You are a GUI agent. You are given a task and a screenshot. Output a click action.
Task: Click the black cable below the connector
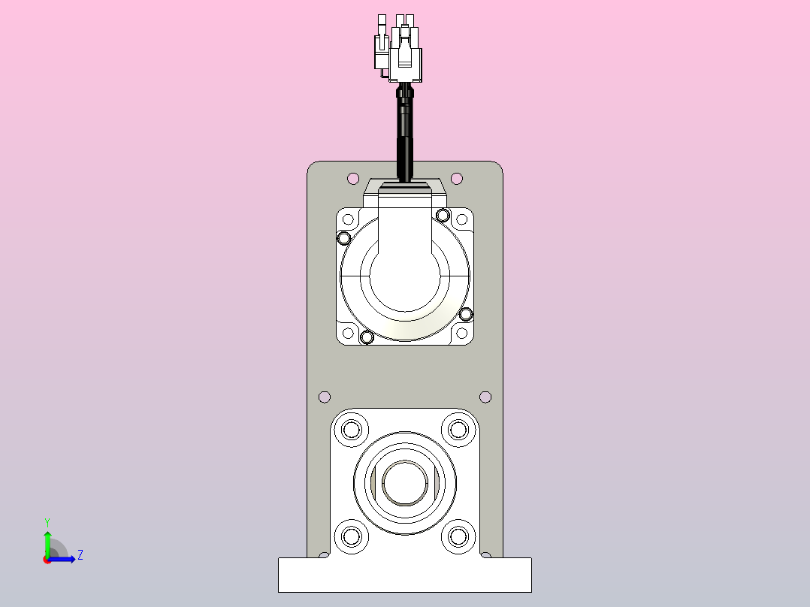tap(405, 135)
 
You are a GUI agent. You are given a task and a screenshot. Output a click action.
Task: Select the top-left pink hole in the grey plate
tap(353, 178)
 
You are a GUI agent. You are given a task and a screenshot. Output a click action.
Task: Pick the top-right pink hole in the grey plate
tap(457, 178)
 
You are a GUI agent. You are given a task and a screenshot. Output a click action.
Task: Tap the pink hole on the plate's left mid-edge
tap(325, 397)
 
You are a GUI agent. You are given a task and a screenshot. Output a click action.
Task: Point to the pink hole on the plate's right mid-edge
tap(485, 397)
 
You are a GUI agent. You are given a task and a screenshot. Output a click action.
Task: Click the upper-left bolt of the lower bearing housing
tap(351, 430)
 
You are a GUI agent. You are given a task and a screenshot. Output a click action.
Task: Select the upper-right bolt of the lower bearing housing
tap(458, 430)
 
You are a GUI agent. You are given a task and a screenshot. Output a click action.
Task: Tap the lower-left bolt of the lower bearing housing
tap(351, 536)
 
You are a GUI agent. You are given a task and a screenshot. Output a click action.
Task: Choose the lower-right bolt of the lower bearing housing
tap(458, 536)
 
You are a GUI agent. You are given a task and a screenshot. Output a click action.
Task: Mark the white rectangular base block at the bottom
tap(404, 575)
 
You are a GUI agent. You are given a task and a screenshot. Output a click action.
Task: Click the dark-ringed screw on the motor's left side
tap(344, 239)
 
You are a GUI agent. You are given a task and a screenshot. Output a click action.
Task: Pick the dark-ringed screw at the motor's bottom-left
tap(367, 337)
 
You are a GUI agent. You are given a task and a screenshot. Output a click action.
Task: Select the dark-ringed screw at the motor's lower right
tap(466, 313)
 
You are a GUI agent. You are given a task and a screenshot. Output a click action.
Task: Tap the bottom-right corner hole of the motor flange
tap(461, 332)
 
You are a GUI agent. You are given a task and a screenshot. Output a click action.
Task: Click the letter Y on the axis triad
tap(47, 521)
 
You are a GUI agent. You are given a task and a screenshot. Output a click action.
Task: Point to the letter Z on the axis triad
tap(80, 555)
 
